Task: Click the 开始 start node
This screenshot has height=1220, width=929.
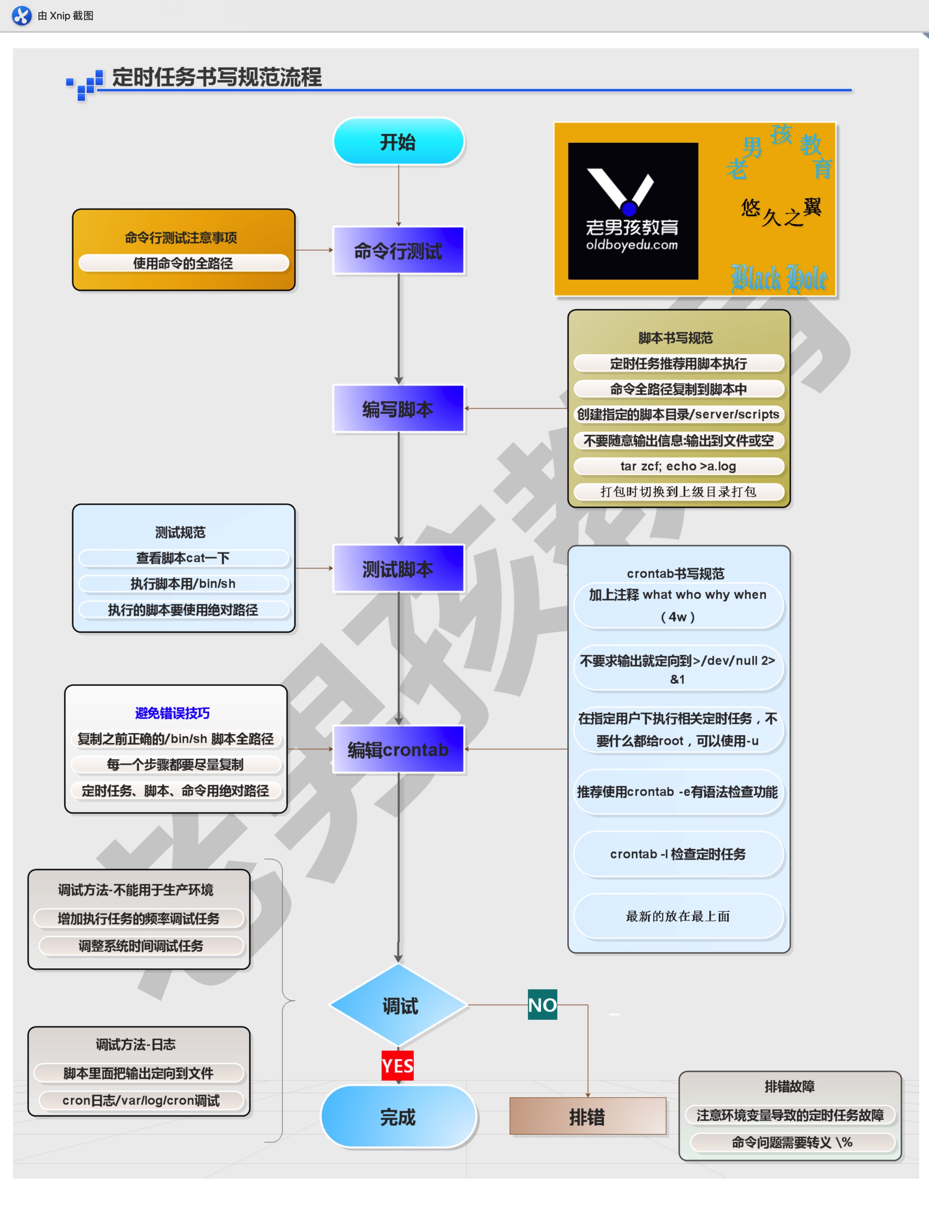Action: (x=398, y=142)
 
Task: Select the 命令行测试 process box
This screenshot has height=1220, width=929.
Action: (x=398, y=250)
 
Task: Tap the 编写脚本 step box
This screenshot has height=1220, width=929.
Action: (x=398, y=409)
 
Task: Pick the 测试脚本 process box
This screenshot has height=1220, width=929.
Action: (x=398, y=568)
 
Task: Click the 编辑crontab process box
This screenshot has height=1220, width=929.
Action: (x=398, y=749)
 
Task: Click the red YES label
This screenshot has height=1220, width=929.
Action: (x=397, y=1066)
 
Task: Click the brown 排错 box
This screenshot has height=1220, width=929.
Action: (x=587, y=1116)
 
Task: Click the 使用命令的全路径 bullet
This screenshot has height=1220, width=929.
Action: (x=183, y=263)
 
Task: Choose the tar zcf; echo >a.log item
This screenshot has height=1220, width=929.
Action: (x=679, y=466)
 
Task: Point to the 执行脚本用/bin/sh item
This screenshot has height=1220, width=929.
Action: (x=183, y=584)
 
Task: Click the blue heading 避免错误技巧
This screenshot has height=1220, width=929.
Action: (x=173, y=713)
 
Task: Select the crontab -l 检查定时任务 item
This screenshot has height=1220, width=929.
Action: (x=679, y=854)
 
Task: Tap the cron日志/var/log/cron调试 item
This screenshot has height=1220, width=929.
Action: (x=140, y=1100)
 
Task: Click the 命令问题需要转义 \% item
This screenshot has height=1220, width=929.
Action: (x=792, y=1142)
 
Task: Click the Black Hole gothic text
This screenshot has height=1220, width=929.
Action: (x=779, y=278)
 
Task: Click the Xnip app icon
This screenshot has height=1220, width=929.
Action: (x=22, y=16)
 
